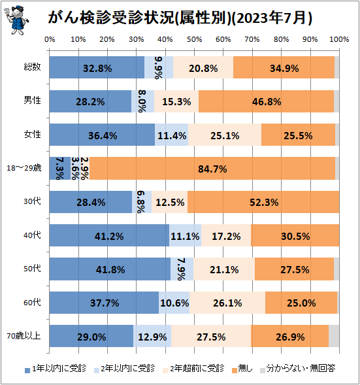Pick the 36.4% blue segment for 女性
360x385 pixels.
point(102,135)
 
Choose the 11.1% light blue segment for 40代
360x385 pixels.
point(186,235)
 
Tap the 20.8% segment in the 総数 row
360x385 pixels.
point(203,67)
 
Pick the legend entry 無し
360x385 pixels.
point(238,369)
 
